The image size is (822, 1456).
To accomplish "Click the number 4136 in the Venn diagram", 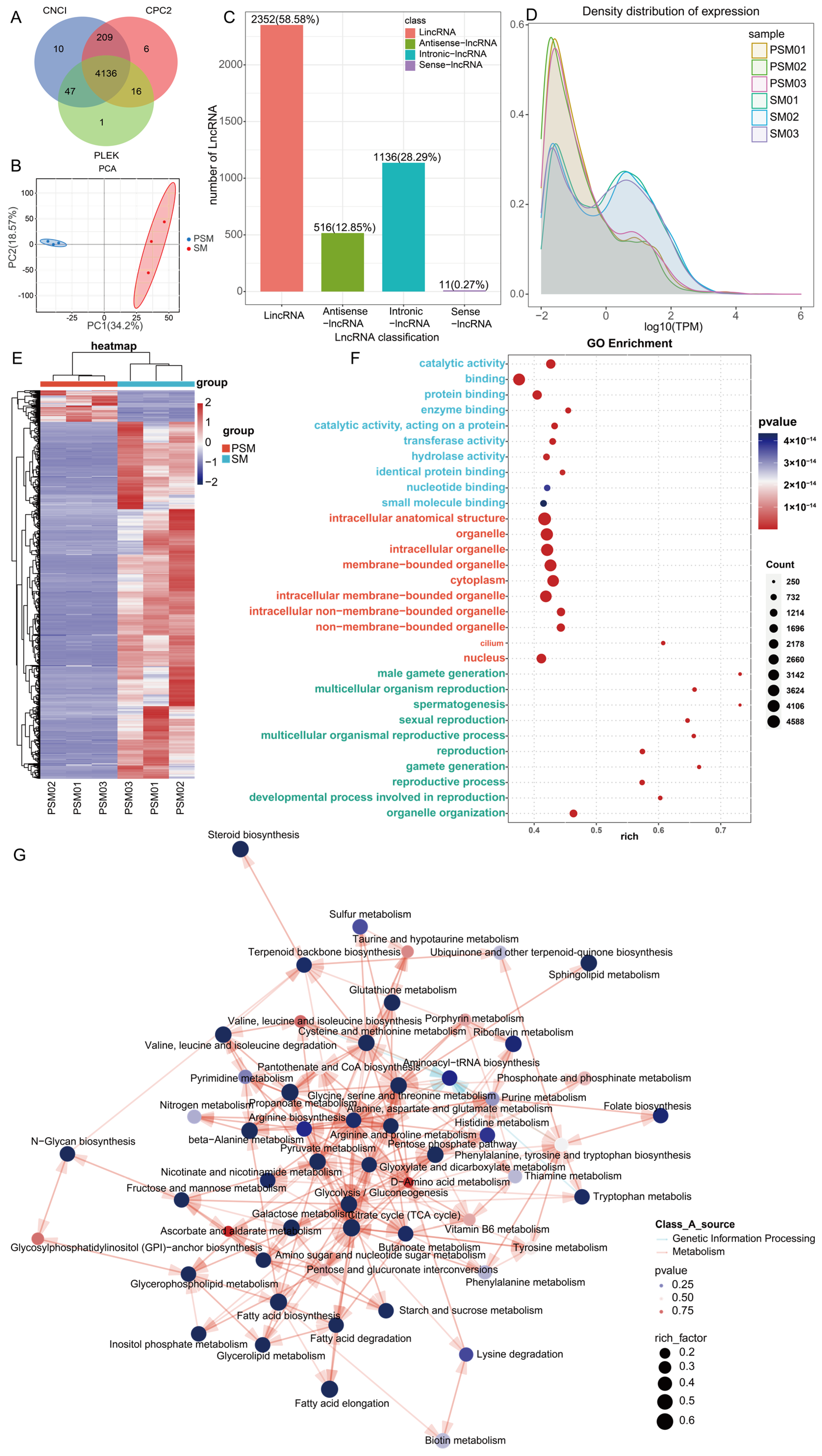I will coord(106,74).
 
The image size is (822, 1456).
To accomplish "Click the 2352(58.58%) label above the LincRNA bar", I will coord(285,19).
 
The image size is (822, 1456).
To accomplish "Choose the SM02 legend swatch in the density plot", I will coord(759,117).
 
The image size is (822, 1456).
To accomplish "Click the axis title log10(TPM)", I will coord(673,327).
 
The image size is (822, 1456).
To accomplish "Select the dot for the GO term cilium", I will coord(663,643).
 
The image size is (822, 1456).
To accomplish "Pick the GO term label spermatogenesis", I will coord(459,704).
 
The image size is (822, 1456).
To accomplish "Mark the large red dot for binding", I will coord(518,379).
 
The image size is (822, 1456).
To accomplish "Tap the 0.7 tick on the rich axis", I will coord(720,830).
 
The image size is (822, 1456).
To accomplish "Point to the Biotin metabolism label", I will coord(465,1440).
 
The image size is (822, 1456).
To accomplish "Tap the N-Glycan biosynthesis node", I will coord(67,1154).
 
